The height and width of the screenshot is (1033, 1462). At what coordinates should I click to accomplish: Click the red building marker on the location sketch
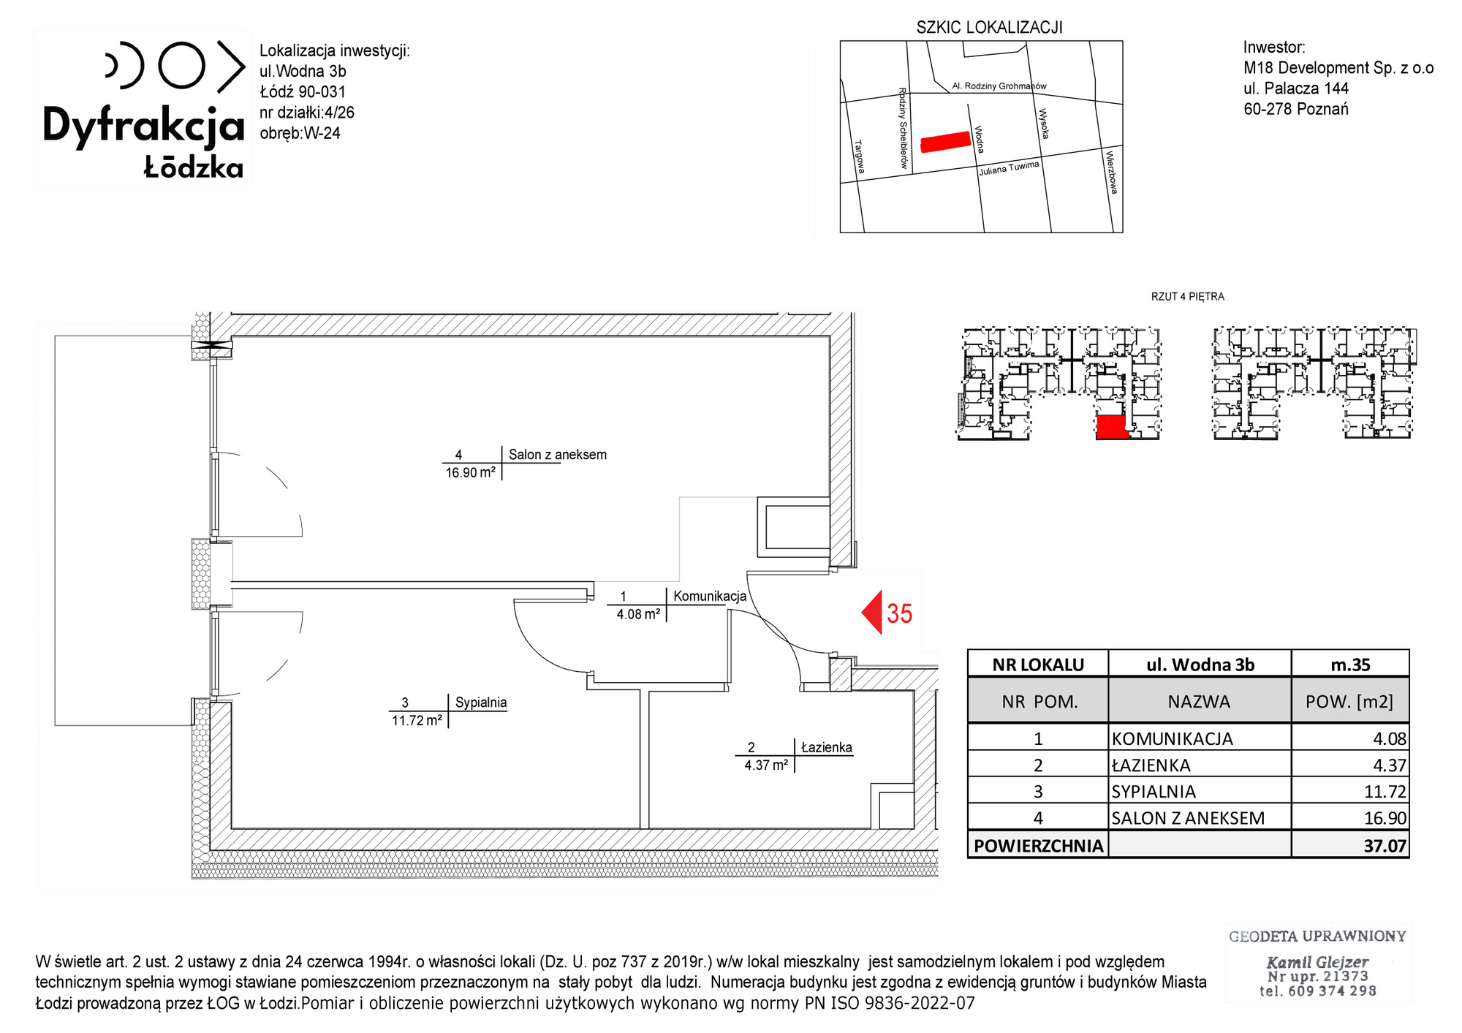click(x=946, y=142)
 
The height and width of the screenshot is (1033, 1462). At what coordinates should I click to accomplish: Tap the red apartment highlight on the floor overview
click(x=1111, y=427)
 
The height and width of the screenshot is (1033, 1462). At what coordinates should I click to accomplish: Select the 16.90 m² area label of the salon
click(x=471, y=473)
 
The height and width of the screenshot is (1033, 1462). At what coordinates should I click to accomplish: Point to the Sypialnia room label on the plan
click(x=481, y=703)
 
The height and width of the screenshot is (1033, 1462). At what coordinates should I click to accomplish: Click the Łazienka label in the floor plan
click(x=827, y=747)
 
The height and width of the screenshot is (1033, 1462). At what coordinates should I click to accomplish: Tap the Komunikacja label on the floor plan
click(x=710, y=596)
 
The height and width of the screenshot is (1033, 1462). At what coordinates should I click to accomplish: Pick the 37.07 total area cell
click(x=1350, y=845)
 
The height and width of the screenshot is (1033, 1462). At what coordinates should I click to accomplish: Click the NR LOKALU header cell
click(x=1038, y=665)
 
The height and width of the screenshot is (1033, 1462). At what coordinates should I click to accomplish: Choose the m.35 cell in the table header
click(x=1350, y=665)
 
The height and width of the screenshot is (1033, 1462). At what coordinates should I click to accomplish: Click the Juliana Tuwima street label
click(x=1009, y=168)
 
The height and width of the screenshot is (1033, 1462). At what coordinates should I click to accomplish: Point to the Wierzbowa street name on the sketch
click(x=1112, y=173)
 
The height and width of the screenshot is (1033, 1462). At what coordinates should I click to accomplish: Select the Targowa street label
click(x=860, y=157)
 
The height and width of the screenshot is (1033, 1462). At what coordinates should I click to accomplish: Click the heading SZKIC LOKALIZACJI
click(x=989, y=28)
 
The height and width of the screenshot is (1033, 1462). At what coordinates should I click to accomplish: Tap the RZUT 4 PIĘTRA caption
click(x=1187, y=297)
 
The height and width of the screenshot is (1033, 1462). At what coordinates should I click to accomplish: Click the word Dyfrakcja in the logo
click(x=143, y=126)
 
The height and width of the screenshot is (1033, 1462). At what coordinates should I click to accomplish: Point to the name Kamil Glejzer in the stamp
click(x=1317, y=962)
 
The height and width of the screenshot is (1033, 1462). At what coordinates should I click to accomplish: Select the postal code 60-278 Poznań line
click(x=1296, y=109)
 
